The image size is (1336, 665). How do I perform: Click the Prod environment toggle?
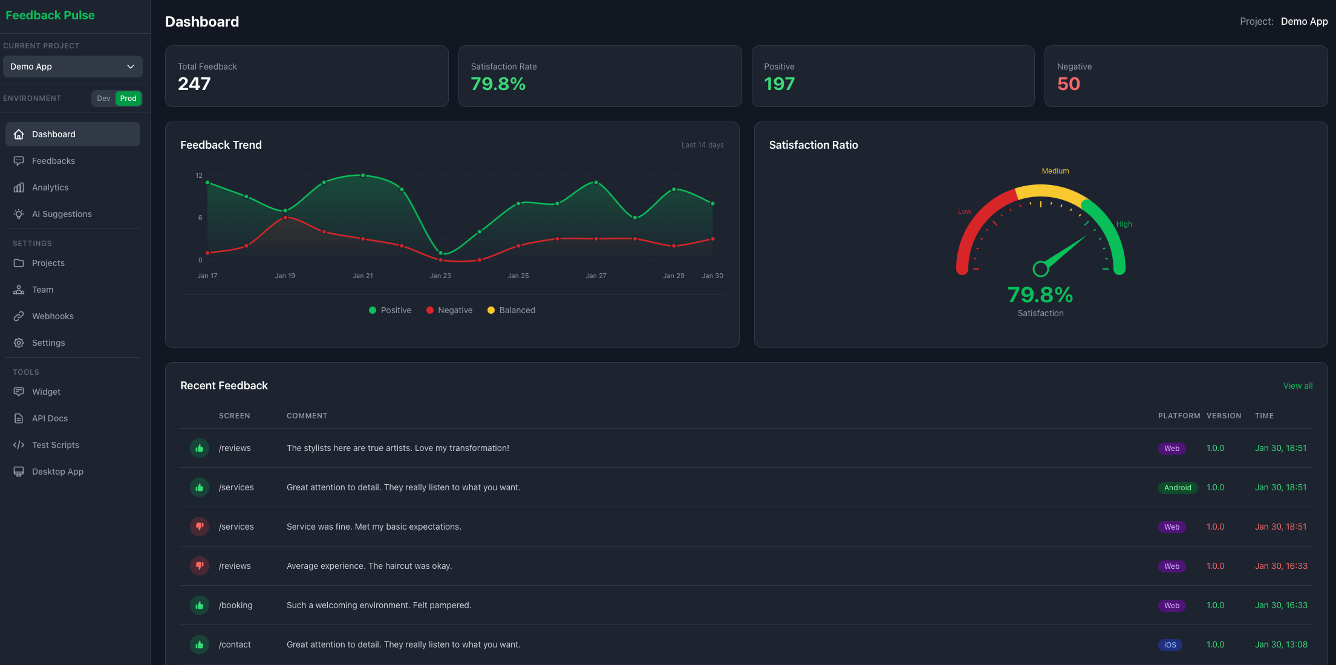[128, 99]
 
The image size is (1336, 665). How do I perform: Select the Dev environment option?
[103, 99]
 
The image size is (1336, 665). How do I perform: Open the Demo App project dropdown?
[73, 66]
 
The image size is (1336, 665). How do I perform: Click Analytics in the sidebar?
[50, 187]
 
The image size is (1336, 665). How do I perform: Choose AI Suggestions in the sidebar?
[62, 214]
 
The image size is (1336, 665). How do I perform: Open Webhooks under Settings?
[53, 316]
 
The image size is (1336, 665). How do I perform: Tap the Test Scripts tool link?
[56, 445]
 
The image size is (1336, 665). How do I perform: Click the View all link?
[1298, 386]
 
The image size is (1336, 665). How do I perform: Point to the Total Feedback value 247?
[194, 84]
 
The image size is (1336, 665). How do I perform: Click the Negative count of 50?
[1069, 84]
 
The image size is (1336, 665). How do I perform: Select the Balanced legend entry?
[511, 310]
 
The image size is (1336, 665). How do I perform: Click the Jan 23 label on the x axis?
[440, 276]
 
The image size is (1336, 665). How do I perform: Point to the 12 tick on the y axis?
[199, 175]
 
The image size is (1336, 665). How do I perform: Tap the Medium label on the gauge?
[1055, 171]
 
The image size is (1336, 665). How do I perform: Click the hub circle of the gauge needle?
[1040, 269]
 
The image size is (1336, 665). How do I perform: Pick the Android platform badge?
[1178, 488]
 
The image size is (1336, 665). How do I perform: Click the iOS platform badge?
[1170, 645]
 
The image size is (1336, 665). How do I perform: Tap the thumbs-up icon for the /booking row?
[200, 605]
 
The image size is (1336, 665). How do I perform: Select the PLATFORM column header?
[1179, 416]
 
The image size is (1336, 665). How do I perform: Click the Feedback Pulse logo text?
[50, 15]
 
